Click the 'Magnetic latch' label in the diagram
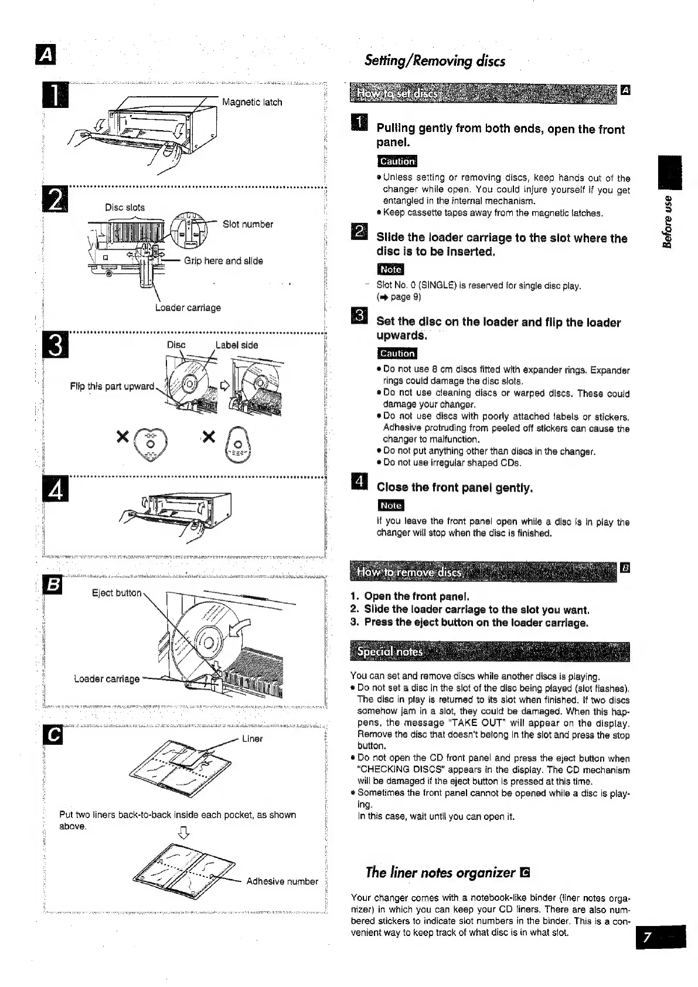pyautogui.click(x=252, y=102)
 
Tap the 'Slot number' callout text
pyautogui.click(x=247, y=224)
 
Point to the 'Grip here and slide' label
pyautogui.click(x=223, y=261)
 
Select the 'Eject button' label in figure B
pyautogui.click(x=117, y=593)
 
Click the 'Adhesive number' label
pyautogui.click(x=282, y=881)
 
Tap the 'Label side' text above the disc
pyautogui.click(x=237, y=345)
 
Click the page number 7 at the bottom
pyautogui.click(x=646, y=938)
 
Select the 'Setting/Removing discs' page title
pyautogui.click(x=434, y=60)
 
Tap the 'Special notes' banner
pyautogui.click(x=390, y=652)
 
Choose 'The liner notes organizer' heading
pyautogui.click(x=440, y=872)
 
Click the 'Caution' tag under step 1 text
pyautogui.click(x=397, y=161)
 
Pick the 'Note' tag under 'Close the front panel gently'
pyautogui.click(x=390, y=505)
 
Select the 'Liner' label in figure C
pyautogui.click(x=252, y=738)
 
